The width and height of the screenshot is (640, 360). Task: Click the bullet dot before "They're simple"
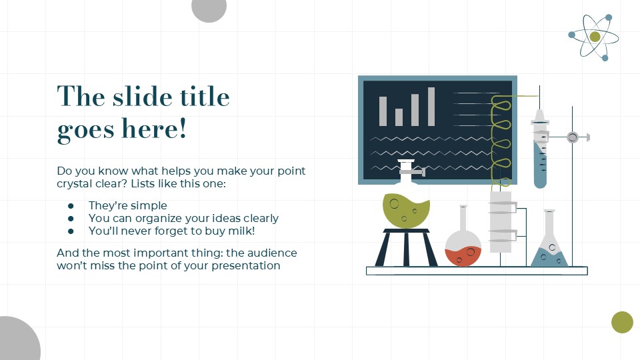71,206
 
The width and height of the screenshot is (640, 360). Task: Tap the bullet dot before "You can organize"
71,219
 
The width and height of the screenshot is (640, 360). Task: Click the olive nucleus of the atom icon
595,37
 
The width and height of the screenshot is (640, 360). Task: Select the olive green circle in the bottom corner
622,322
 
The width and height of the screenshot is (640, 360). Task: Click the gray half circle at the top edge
209,9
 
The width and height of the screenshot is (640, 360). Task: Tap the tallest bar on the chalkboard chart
431,107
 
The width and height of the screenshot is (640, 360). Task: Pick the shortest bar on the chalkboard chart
399,117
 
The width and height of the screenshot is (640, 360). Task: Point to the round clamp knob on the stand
572,137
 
